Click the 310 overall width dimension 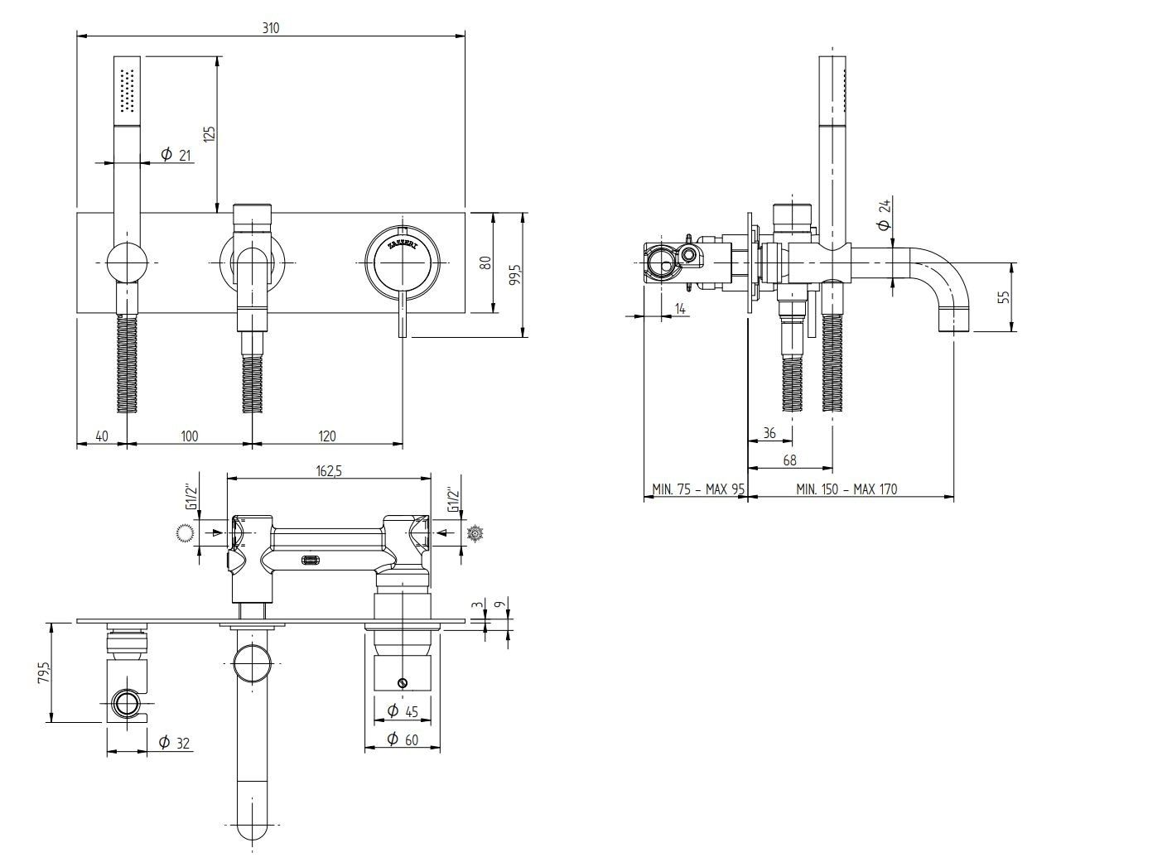coord(271,27)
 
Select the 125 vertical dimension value coord(210,133)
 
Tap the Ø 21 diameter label coord(175,155)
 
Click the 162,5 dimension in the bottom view coord(329,470)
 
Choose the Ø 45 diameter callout coord(403,710)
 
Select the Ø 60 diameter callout coord(403,739)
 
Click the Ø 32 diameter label coord(175,743)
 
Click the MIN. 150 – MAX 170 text coord(846,489)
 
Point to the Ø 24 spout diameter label coord(884,214)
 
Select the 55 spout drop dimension coord(1005,296)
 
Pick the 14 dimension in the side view coord(680,309)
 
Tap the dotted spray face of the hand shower coord(128,90)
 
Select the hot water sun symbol coord(475,533)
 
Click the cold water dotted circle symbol coord(185,533)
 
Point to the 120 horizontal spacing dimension coord(327,436)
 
